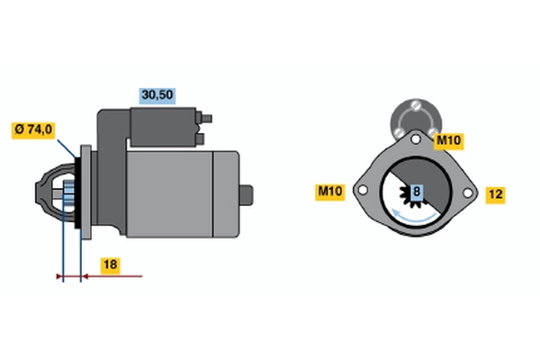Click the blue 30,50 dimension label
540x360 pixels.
[156, 93]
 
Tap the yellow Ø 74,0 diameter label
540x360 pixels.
[33, 130]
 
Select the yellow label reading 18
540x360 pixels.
[109, 265]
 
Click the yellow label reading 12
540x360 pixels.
[494, 193]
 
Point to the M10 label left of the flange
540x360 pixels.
[329, 191]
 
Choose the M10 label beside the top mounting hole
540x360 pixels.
[448, 140]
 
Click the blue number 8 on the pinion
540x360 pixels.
[416, 192]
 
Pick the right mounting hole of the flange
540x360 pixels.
[468, 192]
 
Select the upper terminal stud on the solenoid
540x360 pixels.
[208, 117]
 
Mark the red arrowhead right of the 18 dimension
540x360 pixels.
[87, 276]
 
